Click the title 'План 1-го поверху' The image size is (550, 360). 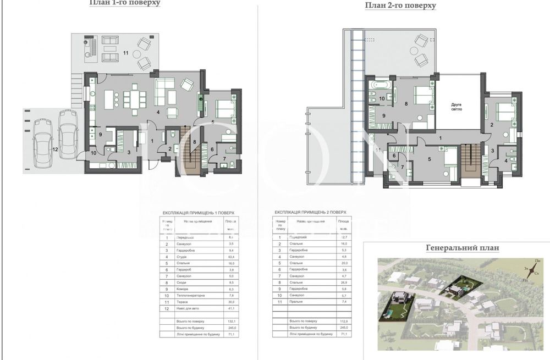[x=125, y=3]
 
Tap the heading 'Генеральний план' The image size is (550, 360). [x=463, y=248]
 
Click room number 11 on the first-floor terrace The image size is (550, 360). [x=126, y=53]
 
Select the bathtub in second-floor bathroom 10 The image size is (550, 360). [x=380, y=87]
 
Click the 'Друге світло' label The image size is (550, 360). [x=457, y=107]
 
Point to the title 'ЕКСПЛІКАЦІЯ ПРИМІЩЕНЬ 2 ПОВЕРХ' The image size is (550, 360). [x=311, y=212]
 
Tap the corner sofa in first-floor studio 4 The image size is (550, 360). [x=164, y=87]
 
